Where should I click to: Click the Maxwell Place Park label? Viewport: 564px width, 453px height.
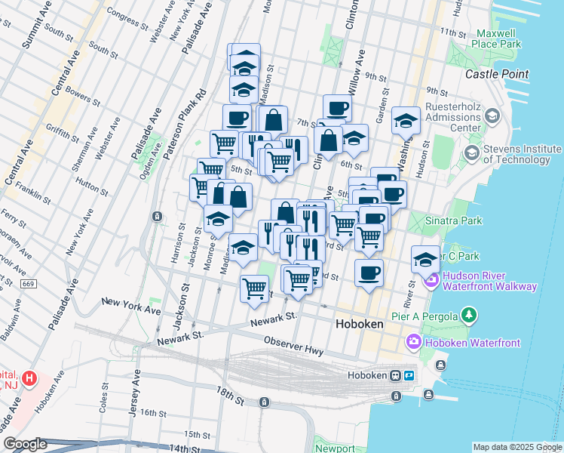(x=498, y=39)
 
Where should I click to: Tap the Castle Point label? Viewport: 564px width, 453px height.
(x=496, y=74)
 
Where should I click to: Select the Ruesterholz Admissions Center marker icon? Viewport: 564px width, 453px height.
(x=492, y=116)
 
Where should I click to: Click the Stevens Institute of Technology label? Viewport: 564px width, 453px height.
(x=522, y=154)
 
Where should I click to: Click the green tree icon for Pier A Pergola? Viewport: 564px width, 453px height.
(x=469, y=313)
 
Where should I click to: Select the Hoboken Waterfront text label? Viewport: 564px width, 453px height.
(x=474, y=343)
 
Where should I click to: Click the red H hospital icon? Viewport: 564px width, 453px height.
(x=29, y=377)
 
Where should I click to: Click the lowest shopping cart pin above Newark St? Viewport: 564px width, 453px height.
(x=255, y=288)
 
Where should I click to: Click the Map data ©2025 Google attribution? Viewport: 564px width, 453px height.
(x=516, y=446)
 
